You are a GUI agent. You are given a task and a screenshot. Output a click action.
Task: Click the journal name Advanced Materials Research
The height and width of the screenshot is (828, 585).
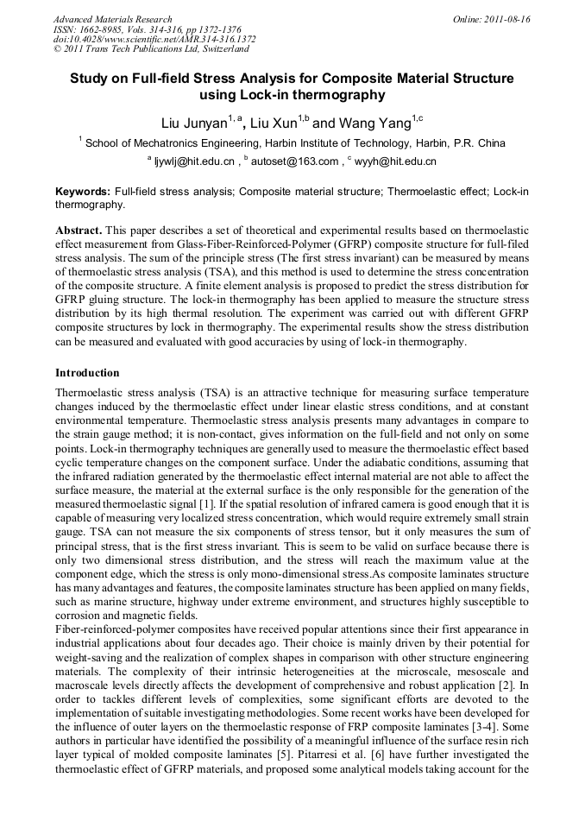coord(112,19)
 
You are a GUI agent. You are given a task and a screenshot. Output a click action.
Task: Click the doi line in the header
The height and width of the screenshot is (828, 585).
coord(154,40)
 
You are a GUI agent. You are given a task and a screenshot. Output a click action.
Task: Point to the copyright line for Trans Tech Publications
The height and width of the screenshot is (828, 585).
coord(152,49)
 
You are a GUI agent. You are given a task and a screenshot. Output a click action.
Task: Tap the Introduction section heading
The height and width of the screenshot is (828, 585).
coord(87,373)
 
